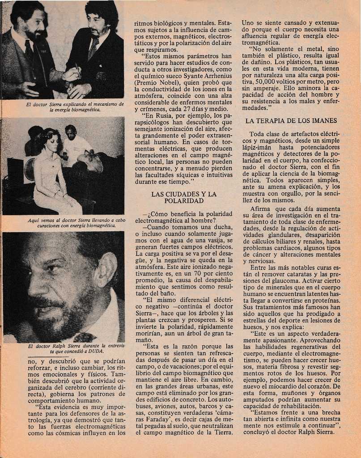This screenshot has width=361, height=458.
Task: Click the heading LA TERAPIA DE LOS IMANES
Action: (x=291, y=121)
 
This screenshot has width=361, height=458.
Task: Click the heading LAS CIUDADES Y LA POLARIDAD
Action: (x=184, y=197)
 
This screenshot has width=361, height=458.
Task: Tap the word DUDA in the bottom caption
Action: (x=97, y=352)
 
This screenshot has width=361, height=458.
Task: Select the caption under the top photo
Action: (x=63, y=106)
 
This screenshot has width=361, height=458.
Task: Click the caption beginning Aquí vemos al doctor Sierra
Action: (x=64, y=223)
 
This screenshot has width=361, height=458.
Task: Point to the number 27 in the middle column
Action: (x=197, y=109)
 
